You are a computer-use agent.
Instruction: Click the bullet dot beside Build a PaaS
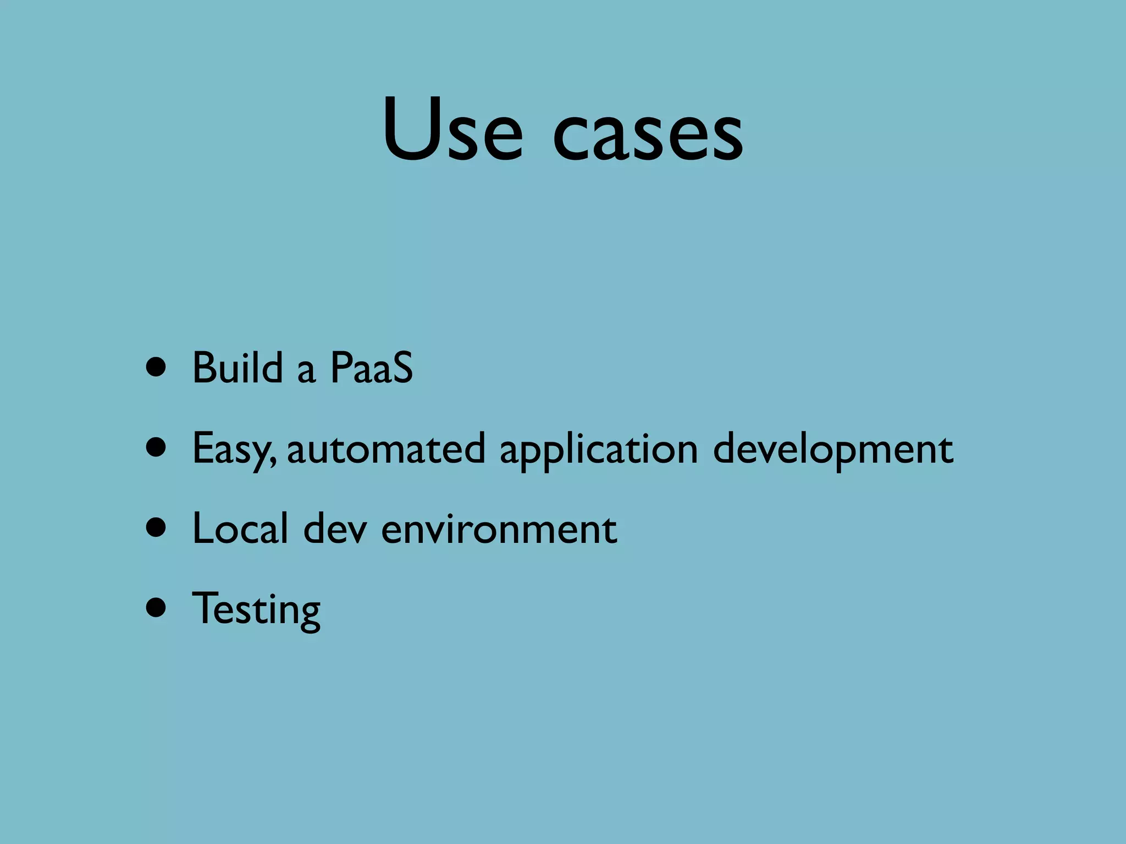(x=157, y=368)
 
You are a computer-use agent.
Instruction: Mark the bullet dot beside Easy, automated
(x=157, y=448)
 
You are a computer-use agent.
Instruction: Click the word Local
(x=240, y=529)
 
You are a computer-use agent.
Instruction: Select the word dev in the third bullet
(x=335, y=529)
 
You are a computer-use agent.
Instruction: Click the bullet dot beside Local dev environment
(x=157, y=528)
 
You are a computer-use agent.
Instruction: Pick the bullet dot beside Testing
(x=157, y=608)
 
